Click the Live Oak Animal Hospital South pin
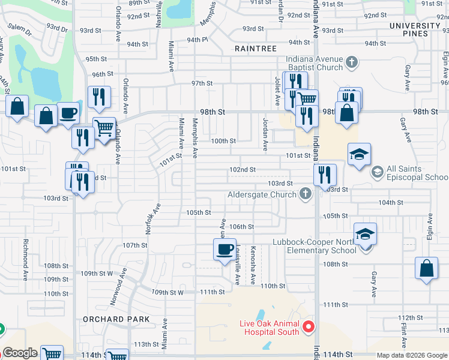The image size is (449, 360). [309, 327]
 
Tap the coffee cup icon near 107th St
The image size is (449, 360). [225, 249]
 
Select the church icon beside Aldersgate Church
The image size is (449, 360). [306, 194]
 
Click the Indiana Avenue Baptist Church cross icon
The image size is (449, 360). [352, 61]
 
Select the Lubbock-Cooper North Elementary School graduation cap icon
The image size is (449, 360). [365, 234]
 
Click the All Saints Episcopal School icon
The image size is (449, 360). [377, 172]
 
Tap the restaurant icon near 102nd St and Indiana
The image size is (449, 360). [325, 175]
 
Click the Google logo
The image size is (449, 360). [20, 353]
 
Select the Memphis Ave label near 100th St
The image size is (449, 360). [194, 138]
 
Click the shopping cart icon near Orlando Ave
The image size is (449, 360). [104, 128]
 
